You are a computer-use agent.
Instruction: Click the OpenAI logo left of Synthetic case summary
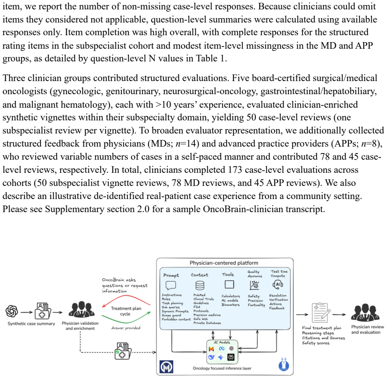12,311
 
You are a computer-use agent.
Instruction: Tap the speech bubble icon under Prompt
171,285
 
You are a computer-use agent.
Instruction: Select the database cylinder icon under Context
200,285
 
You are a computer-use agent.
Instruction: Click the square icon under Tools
229,285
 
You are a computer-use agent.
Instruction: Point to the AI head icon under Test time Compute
278,285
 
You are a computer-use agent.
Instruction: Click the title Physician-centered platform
224,263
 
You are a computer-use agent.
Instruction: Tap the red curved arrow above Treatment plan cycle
126,299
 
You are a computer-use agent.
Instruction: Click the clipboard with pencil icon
321,313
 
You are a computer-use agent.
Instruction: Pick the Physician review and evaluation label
367,329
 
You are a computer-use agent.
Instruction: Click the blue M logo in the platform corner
166,367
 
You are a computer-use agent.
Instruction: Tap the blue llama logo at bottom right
283,364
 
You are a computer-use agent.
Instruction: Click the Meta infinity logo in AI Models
222,349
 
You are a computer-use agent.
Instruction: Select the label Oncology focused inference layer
222,368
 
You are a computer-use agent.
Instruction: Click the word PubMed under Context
199,295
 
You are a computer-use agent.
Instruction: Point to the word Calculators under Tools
231,296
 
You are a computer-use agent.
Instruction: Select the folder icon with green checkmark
123,351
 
